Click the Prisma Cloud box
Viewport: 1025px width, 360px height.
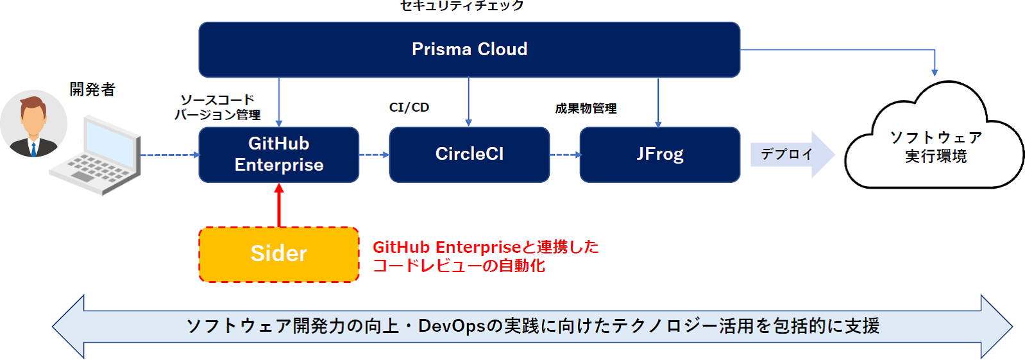pyautogui.click(x=470, y=49)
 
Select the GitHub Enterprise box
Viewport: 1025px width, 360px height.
pyautogui.click(x=278, y=155)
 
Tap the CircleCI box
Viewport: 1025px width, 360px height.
pyautogui.click(x=470, y=155)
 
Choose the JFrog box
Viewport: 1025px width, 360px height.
pyautogui.click(x=660, y=155)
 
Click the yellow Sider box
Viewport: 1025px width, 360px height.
pyautogui.click(x=278, y=254)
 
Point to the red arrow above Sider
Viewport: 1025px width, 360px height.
pyautogui.click(x=279, y=205)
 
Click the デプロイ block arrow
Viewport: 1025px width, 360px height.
pyautogui.click(x=793, y=155)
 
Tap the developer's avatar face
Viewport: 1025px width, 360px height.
pyautogui.click(x=33, y=118)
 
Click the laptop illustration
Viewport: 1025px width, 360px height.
pyautogui.click(x=95, y=155)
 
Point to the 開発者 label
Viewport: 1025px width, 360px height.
pyautogui.click(x=92, y=89)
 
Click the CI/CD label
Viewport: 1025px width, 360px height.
pyautogui.click(x=409, y=107)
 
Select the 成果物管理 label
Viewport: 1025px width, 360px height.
pyautogui.click(x=586, y=108)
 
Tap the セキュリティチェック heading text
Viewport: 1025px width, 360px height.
pyautogui.click(x=462, y=6)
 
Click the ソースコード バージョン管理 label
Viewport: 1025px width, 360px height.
pyautogui.click(x=217, y=107)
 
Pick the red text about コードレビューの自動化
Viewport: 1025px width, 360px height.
pyautogui.click(x=486, y=256)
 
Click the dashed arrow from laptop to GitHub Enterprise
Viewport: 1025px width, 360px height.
pyautogui.click(x=170, y=155)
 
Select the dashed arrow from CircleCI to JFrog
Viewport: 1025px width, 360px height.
pyautogui.click(x=566, y=155)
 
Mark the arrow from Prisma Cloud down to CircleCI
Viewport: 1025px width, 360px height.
pyautogui.click(x=469, y=101)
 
